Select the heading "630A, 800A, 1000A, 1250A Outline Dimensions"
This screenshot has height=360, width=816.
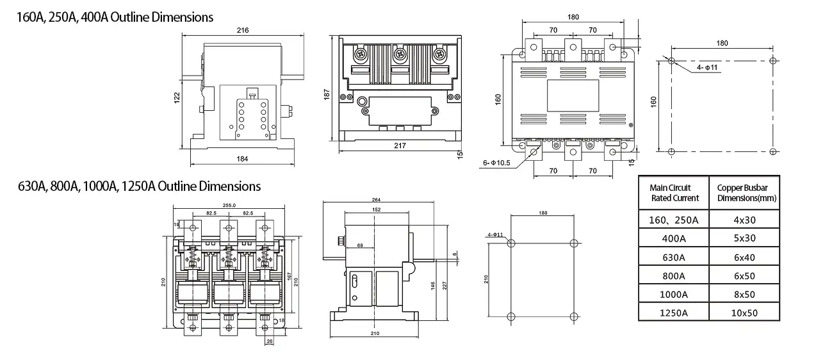139,186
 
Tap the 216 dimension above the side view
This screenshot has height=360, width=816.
243,30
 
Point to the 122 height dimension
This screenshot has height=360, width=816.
177,95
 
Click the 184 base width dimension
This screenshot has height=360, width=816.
242,159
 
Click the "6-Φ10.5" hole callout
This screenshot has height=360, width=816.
496,163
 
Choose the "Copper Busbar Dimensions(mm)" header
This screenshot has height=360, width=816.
746,193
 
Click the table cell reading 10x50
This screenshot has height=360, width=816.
745,313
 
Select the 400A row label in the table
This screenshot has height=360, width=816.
674,238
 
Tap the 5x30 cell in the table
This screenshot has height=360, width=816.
745,238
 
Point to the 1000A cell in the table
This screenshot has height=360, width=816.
674,294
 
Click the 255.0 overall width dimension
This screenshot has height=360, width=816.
229,205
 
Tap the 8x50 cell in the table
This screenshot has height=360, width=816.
745,294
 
